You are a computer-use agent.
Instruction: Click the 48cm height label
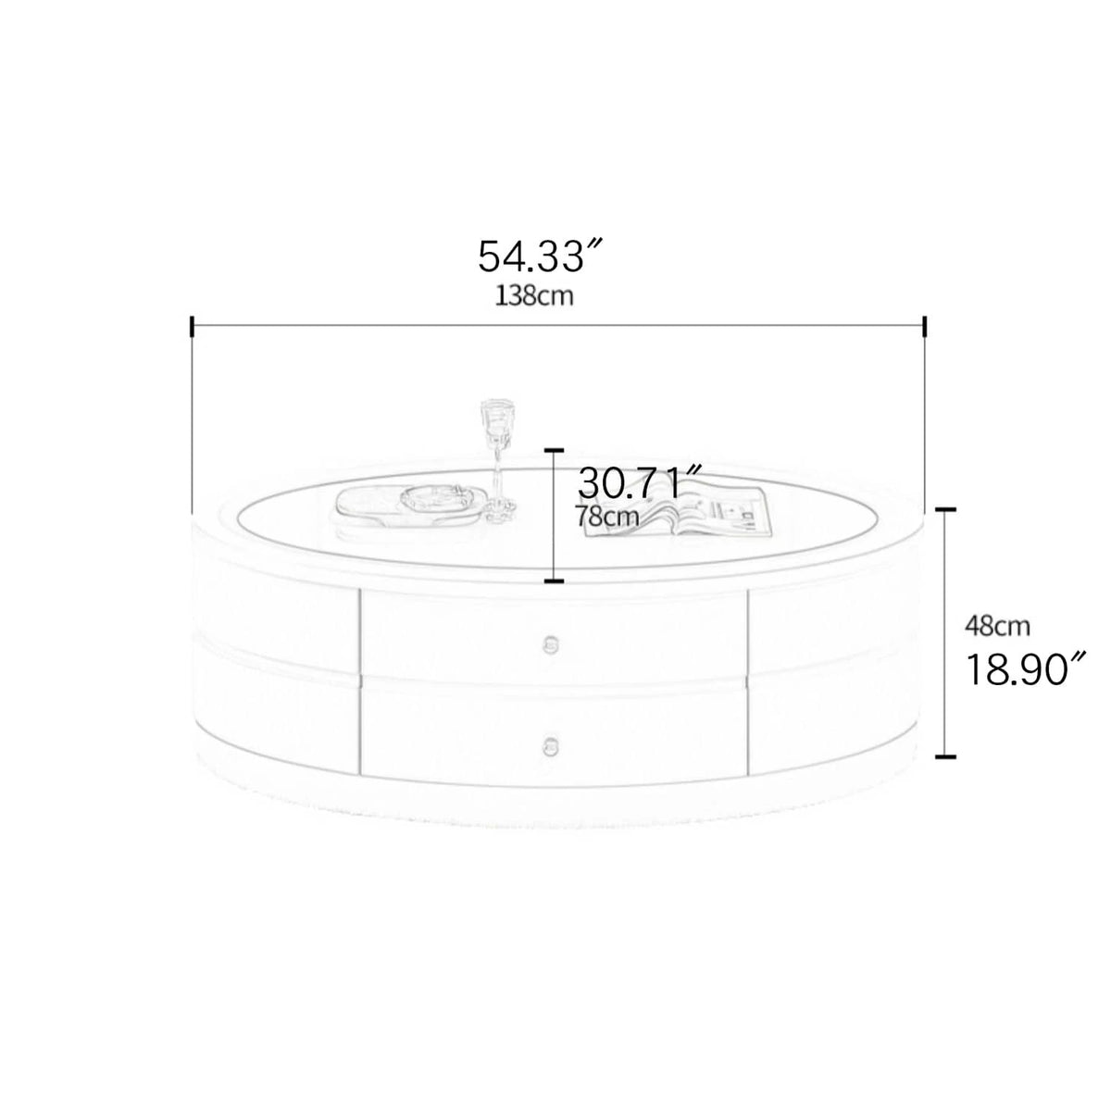[x=997, y=626]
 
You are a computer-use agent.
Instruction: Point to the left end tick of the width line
[x=192, y=326]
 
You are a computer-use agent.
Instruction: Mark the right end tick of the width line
[x=924, y=326]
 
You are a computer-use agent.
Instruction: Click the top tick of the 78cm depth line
[x=554, y=450]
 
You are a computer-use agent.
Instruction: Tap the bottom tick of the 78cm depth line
[x=554, y=581]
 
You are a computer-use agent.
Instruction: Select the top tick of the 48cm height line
[x=945, y=510]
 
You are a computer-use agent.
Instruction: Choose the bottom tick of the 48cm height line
[x=945, y=755]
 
